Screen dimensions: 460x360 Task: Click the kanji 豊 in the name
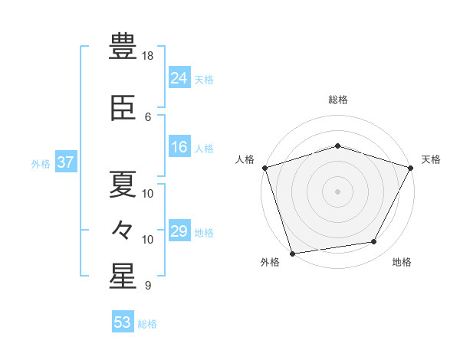123,46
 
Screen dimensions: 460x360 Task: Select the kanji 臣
123,108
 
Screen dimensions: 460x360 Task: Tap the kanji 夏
123,184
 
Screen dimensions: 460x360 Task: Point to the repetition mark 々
123,230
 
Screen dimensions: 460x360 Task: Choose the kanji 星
123,276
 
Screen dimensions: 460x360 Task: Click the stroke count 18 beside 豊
147,56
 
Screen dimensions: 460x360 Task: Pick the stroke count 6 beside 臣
148,117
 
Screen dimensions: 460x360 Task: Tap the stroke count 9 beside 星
148,285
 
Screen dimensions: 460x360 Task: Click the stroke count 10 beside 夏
147,194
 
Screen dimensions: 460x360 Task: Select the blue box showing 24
179,77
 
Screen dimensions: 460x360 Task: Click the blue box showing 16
179,146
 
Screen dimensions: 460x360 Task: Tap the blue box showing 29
179,230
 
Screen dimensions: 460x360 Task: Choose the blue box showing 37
66,162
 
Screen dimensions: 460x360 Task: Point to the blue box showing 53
123,321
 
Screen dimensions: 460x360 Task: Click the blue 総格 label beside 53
147,324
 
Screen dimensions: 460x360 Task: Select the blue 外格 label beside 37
41,164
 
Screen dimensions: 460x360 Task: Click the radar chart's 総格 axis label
338,100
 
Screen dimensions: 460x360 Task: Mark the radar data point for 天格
411,168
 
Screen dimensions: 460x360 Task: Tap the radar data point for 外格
293,254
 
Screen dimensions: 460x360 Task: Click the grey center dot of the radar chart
337,191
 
